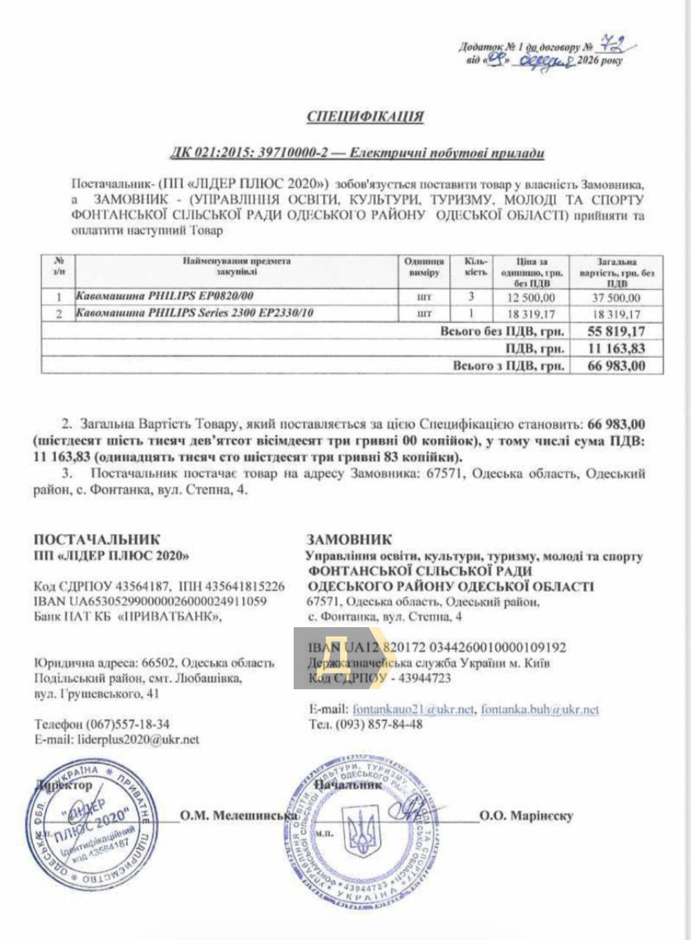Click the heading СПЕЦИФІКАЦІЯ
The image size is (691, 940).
pos(365,116)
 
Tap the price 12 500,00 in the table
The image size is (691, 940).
pos(531,298)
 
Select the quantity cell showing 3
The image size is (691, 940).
pos(471,297)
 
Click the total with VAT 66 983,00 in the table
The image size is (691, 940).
pos(616,366)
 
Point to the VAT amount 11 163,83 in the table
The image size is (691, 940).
pos(616,349)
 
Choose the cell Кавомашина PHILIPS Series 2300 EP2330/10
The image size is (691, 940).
pos(194,313)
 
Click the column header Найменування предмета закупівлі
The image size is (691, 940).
pos(236,267)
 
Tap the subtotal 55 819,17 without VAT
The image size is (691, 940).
pos(616,332)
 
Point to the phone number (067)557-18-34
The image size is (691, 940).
pos(128,725)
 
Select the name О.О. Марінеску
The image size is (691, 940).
pos(526,816)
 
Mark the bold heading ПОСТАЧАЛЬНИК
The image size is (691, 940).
pos(97,539)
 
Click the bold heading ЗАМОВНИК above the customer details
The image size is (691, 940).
pos(349,539)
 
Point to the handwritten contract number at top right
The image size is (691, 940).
pos(612,46)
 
